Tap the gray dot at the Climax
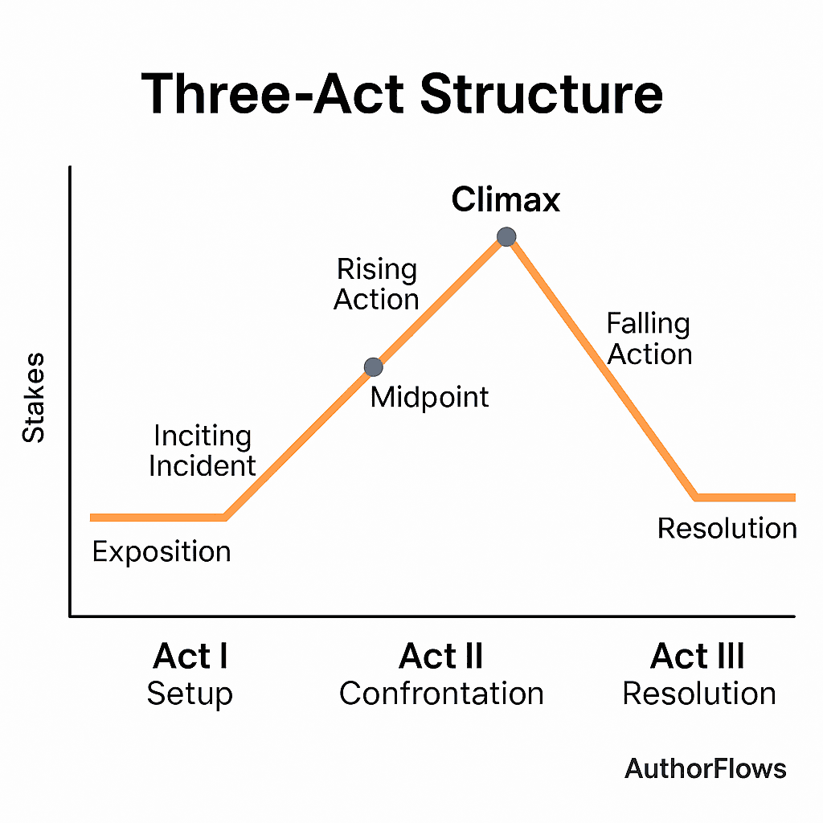click(506, 237)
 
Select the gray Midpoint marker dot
click(373, 367)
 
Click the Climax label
click(506, 199)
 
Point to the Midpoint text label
click(429, 397)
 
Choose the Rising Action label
click(376, 284)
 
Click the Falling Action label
click(649, 338)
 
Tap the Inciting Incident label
click(202, 451)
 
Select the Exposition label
click(162, 551)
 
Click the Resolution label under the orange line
click(727, 528)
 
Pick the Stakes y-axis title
click(34, 398)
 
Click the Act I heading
click(190, 656)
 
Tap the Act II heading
click(441, 656)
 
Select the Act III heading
click(698, 656)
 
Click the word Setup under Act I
click(190, 694)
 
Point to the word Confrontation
click(441, 694)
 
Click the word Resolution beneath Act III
click(699, 694)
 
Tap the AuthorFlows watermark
click(706, 769)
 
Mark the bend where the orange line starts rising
click(225, 518)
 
